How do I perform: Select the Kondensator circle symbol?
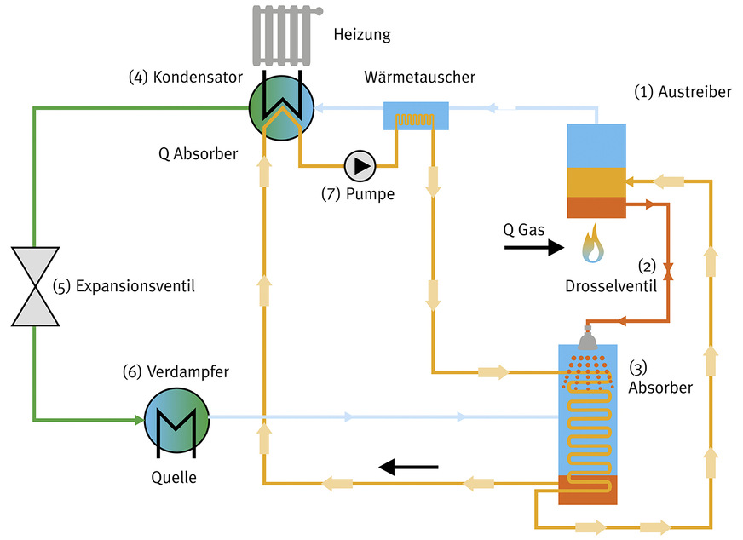(281, 109)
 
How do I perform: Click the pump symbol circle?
(360, 164)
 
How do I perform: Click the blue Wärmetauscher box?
(416, 116)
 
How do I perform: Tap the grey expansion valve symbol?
(34, 286)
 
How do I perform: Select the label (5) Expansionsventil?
(124, 286)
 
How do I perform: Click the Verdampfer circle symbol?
(170, 418)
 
